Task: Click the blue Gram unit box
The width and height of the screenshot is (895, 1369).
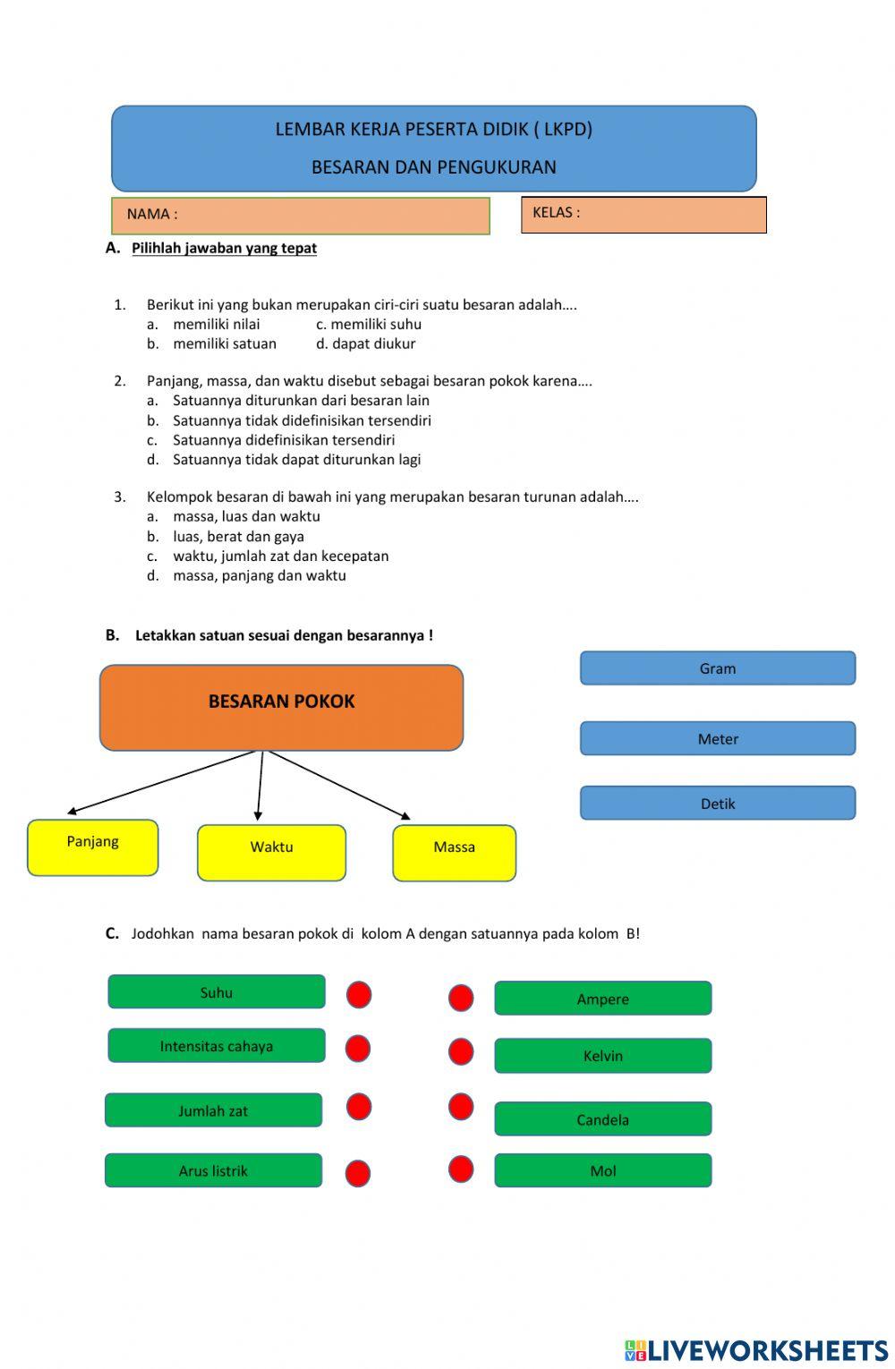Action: pos(717,668)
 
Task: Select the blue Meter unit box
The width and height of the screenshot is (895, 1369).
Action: pos(717,739)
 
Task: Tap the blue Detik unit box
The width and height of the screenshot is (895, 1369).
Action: pos(717,804)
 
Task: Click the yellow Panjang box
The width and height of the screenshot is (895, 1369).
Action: pos(93,847)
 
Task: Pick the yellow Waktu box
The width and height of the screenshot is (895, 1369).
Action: pos(271,853)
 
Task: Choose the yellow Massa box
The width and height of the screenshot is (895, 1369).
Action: pos(454,853)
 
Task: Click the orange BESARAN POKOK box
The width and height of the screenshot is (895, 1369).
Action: pos(281,707)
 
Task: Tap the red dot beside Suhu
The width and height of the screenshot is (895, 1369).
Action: pos(359,995)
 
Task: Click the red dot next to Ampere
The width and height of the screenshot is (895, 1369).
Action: pos(461,998)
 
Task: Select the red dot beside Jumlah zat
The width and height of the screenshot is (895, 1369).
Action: pos(359,1107)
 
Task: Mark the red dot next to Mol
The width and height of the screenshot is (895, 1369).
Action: pos(461,1169)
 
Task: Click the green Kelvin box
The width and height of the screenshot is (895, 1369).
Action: pos(602,1056)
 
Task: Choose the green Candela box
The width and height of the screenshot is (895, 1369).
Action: pos(602,1119)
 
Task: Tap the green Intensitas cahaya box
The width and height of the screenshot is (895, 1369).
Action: pos(217,1046)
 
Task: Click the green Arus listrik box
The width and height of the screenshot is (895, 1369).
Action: pos(213,1170)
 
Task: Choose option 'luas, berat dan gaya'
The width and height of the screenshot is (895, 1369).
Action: pos(238,536)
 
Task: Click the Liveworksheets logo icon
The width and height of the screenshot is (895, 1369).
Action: pos(635,1350)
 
